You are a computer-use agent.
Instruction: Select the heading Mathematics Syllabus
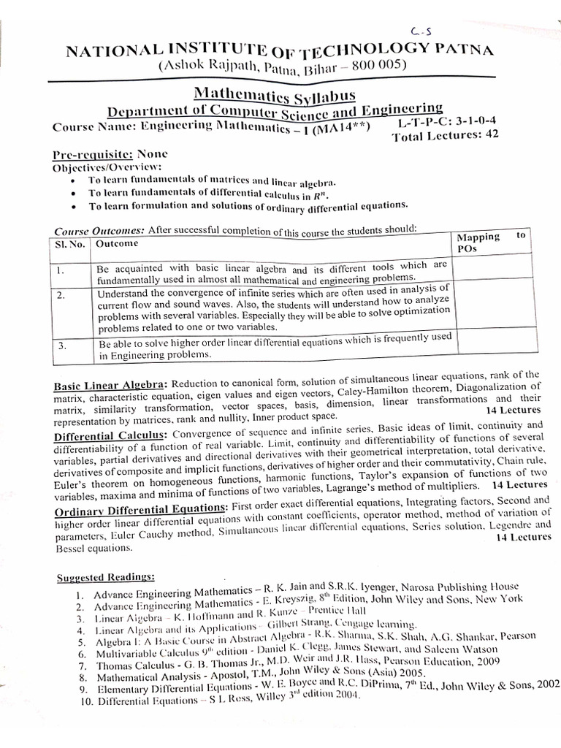click(x=274, y=95)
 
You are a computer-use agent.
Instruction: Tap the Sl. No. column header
click(x=71, y=243)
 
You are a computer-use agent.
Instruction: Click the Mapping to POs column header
click(x=490, y=242)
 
